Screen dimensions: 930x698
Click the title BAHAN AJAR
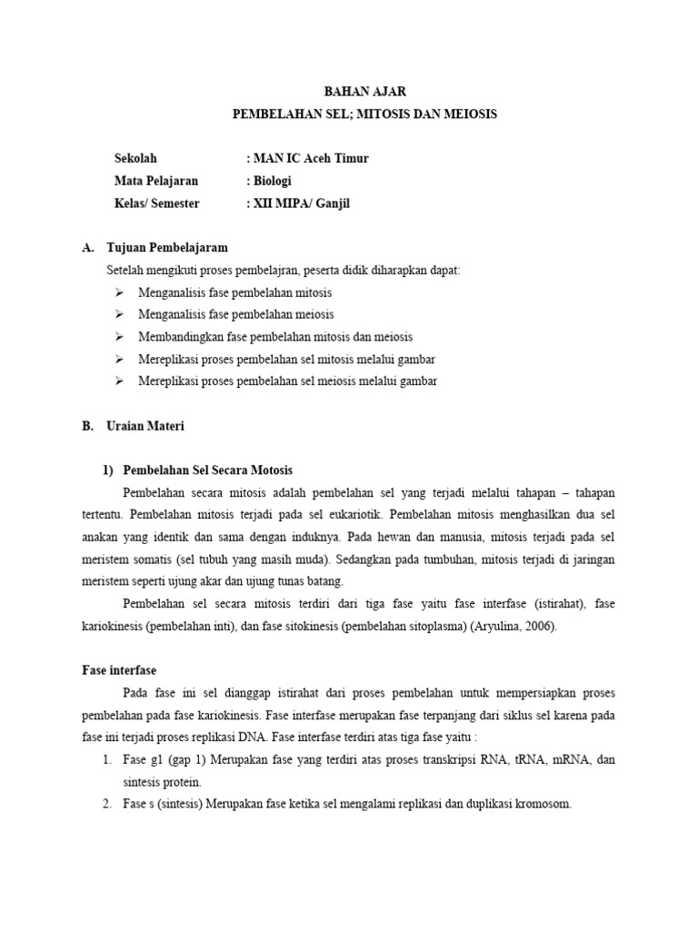click(x=365, y=92)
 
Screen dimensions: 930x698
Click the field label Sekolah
click(x=135, y=158)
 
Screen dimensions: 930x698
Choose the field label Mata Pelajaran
click(x=156, y=181)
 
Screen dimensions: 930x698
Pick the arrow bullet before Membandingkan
click(x=119, y=337)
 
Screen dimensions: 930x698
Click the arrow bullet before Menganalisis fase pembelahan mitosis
click(x=119, y=293)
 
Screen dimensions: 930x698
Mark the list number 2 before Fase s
click(x=106, y=803)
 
